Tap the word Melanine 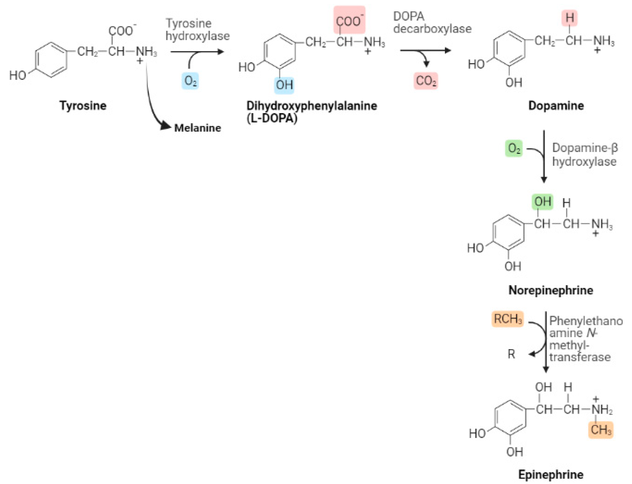pos(198,128)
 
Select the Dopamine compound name pos(556,106)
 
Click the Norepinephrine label pos(551,290)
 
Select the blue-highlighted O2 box pos(190,81)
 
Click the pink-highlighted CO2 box pos(426,81)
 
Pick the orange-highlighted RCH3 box pos(507,319)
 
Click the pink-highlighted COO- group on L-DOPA pos(349,20)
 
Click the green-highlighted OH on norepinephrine pos(542,202)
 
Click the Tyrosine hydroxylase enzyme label pos(197,30)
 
